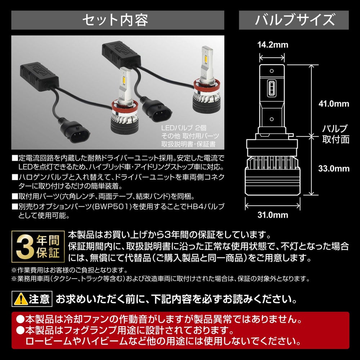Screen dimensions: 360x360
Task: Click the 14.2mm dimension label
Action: [x=273, y=45]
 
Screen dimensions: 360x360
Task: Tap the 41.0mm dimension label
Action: [x=334, y=104]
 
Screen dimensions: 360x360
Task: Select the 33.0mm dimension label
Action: [x=334, y=169]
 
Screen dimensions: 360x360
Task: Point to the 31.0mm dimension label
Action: [x=273, y=215]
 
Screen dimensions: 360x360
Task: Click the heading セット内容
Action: [x=115, y=20]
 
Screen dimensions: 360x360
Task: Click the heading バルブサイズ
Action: [x=295, y=20]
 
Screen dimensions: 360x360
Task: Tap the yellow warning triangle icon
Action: [x=21, y=299]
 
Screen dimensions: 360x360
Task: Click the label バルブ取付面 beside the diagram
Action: [x=336, y=134]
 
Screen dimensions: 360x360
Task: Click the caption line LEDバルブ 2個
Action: [x=184, y=128]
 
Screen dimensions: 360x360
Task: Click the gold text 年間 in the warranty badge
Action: [x=48, y=240]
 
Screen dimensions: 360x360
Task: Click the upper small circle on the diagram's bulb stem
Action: [x=271, y=71]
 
